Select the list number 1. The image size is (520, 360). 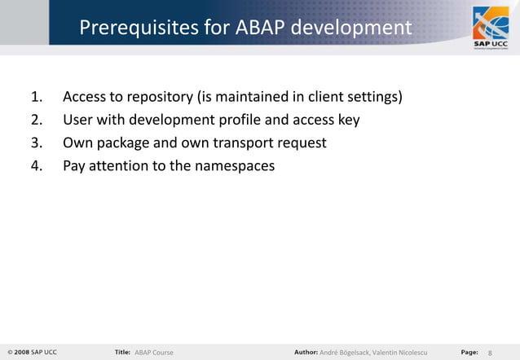(37, 98)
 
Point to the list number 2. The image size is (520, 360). (37, 121)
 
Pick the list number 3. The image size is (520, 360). (37, 143)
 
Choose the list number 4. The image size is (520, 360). (37, 166)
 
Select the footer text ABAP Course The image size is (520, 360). (154, 352)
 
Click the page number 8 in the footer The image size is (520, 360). (491, 352)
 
